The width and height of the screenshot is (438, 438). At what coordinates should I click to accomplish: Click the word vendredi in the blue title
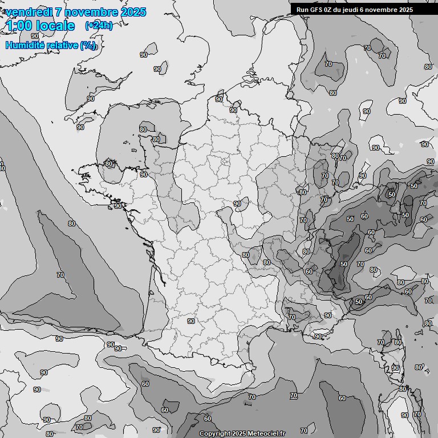tap(29, 12)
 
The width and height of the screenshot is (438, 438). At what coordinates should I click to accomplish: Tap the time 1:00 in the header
tap(18, 26)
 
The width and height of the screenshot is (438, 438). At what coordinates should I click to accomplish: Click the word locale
tap(55, 26)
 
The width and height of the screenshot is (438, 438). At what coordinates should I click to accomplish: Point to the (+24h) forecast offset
tap(99, 26)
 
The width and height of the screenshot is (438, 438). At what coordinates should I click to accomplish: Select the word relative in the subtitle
tap(63, 45)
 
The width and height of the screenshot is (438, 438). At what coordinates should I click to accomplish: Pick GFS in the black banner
tap(316, 10)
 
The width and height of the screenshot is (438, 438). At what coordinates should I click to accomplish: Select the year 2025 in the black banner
tap(405, 10)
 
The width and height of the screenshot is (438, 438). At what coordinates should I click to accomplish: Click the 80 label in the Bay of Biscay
tap(72, 224)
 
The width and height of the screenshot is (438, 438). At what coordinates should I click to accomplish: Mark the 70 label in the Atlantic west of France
tap(60, 275)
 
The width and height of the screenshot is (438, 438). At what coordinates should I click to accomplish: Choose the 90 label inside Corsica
tap(395, 368)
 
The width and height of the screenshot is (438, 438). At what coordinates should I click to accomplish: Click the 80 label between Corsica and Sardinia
tap(403, 390)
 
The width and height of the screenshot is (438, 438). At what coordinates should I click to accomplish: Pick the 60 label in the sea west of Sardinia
tap(342, 398)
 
